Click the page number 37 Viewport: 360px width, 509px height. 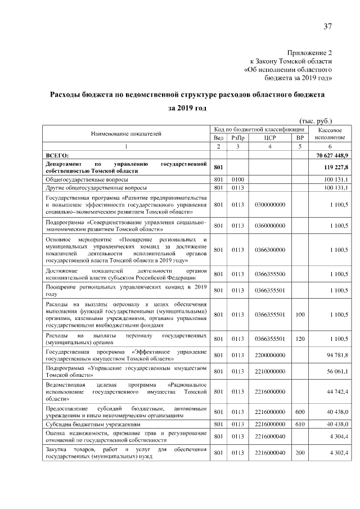click(x=328, y=26)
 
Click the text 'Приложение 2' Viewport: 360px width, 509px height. click(x=310, y=51)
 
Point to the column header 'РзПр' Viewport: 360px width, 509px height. click(x=238, y=138)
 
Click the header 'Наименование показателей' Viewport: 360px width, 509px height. click(x=126, y=134)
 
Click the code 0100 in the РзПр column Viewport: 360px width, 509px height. click(x=238, y=179)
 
